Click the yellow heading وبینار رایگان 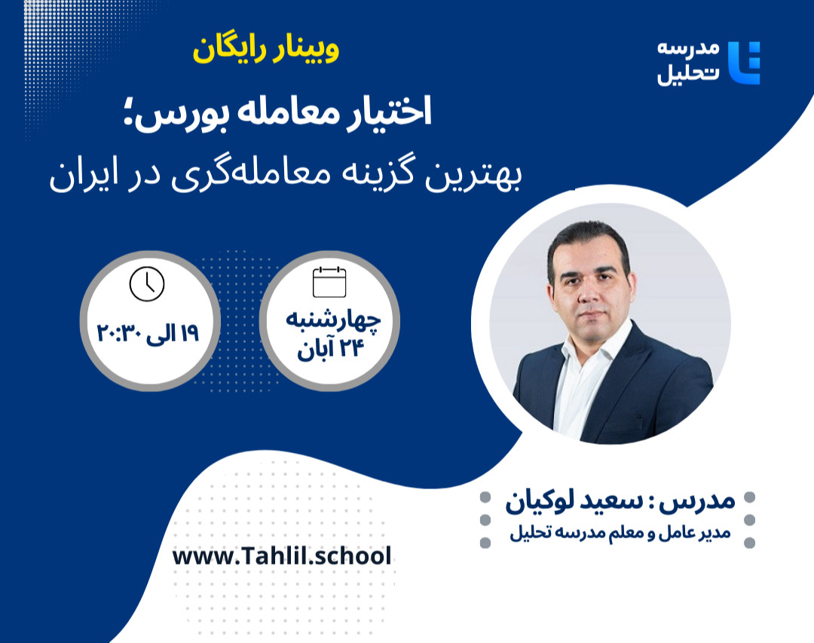266,51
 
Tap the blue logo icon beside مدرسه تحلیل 745,63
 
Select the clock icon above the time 147,283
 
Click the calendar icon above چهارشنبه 329,282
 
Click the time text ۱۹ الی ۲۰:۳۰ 148,332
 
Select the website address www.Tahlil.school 282,556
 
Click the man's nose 591,283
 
